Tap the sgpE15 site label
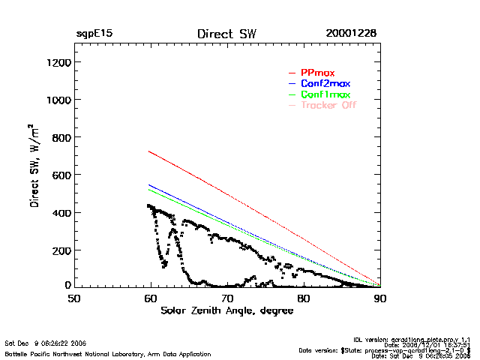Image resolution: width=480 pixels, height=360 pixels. [94, 34]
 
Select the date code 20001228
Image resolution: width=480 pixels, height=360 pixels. [351, 34]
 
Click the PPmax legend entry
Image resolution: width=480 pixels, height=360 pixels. [317, 72]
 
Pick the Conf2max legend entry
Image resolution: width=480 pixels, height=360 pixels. [325, 83]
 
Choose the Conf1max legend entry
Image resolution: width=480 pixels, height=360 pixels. [325, 94]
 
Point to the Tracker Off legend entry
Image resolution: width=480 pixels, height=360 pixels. [328, 105]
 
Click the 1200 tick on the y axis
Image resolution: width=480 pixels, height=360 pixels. [57, 62]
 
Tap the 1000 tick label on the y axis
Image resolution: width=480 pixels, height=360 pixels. [57, 100]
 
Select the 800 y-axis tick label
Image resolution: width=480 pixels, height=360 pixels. [60, 137]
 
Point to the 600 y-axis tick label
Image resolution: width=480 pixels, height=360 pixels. [60, 175]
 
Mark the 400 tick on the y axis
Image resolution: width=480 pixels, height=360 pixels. [60, 212]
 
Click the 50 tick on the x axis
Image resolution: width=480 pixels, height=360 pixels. [74, 298]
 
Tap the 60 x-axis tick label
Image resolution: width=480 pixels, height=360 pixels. [151, 298]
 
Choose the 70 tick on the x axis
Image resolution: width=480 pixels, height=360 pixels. [227, 298]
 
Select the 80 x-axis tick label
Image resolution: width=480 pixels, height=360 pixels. [304, 298]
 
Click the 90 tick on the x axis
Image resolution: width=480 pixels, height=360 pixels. [380, 298]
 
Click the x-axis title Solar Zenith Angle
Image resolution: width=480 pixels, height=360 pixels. [226, 310]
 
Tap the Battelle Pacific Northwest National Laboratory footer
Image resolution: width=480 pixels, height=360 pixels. [108, 353]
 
